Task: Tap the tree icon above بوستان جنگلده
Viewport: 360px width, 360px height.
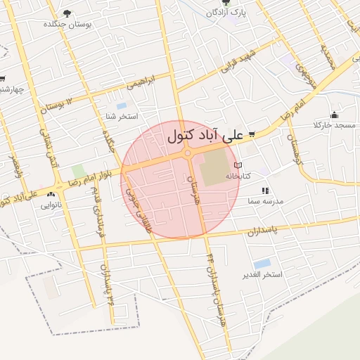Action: coord(67,13)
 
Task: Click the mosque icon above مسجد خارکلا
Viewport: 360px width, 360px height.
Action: coord(334,115)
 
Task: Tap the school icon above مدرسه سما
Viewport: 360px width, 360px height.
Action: coord(265,191)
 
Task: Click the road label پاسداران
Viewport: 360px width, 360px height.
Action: coord(264,231)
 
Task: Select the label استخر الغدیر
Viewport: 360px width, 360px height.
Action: coord(262,274)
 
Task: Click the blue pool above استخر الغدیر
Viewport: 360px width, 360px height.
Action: coord(262,263)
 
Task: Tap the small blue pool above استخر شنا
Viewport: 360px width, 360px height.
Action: coord(122,105)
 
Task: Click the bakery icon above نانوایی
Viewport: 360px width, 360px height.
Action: coord(51,195)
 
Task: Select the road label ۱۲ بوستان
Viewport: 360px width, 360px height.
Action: coord(61,103)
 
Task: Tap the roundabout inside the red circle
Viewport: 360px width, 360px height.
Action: coord(188,153)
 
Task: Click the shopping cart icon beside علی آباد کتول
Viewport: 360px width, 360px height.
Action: coord(251,134)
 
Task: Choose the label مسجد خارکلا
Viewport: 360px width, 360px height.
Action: coord(335,125)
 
